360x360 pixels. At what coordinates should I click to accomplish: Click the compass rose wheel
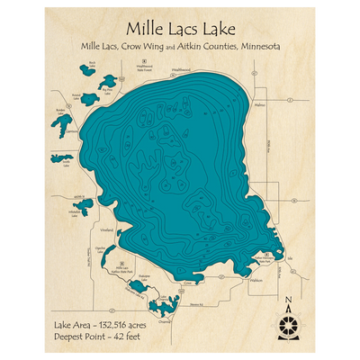click(x=287, y=323)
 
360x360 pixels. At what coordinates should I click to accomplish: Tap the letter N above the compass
click(x=287, y=301)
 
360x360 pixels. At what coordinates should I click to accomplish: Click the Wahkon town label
click(x=256, y=280)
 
